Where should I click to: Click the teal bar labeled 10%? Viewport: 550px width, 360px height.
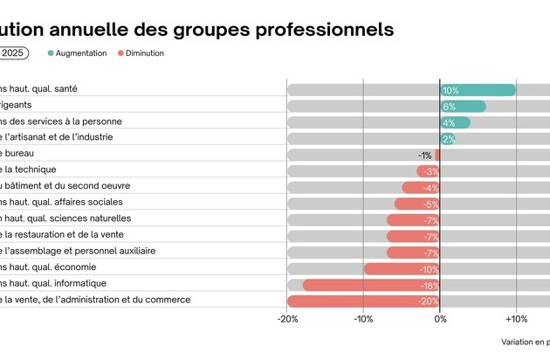point(478,90)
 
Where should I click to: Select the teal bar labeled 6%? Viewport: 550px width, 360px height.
point(463,107)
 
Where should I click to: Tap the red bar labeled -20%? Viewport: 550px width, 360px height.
point(363,301)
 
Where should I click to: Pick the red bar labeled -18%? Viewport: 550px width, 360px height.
point(371,285)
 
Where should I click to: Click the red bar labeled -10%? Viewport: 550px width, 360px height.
point(402,268)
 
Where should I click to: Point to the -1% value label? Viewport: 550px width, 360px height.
point(425,156)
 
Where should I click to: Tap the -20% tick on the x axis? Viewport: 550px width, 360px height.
point(287,320)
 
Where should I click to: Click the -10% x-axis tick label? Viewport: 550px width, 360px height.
point(363,320)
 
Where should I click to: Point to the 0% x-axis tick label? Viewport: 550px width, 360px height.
point(440,320)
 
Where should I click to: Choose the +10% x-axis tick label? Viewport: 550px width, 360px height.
point(515,320)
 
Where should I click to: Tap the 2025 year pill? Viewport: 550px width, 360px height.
point(12,53)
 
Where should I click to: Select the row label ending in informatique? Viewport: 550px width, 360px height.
point(54,283)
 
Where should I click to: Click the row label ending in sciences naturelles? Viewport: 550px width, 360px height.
point(65,218)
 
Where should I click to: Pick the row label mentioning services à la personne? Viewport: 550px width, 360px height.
point(61,121)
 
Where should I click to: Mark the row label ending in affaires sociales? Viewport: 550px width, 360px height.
point(61,202)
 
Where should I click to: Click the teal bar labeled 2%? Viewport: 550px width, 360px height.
point(447,139)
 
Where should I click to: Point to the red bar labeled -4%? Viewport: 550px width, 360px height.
point(421,188)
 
